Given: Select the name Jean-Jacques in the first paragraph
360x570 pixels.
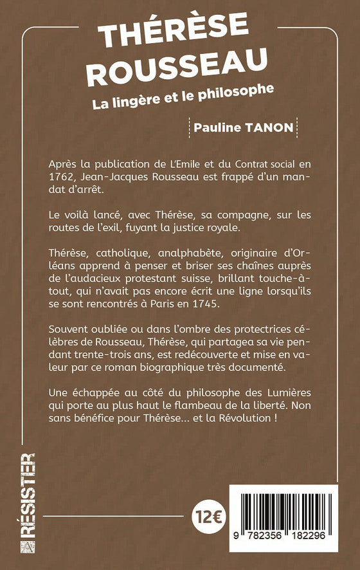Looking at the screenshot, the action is [x=114, y=176].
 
